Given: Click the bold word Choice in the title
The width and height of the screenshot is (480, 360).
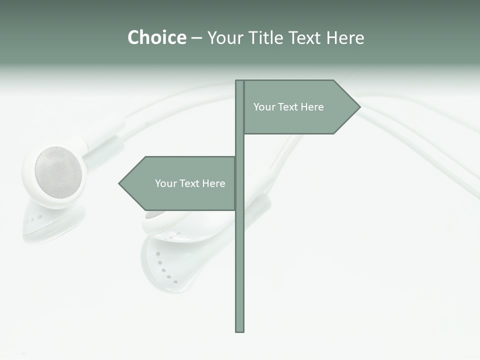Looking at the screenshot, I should pyautogui.click(x=156, y=37).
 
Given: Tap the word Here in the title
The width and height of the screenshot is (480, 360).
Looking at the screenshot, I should pyautogui.click(x=345, y=37).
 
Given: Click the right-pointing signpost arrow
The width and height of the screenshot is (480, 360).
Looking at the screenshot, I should pyautogui.click(x=300, y=107).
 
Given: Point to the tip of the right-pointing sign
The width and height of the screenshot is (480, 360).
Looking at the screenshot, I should pyautogui.click(x=359, y=106).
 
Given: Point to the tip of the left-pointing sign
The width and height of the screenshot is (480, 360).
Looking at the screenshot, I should pyautogui.click(x=119, y=183).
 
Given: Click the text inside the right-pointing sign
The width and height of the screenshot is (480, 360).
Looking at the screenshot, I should pyautogui.click(x=288, y=107).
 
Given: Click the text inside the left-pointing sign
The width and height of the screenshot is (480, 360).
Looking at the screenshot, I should pyautogui.click(x=190, y=183).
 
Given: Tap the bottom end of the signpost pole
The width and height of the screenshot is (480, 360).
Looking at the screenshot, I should pyautogui.click(x=239, y=330).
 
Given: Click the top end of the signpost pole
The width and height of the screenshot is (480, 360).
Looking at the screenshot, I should pyautogui.click(x=239, y=82).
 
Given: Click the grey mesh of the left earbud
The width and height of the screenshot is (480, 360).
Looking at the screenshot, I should pyautogui.click(x=58, y=172).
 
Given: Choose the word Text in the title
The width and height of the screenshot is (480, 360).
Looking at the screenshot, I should pyautogui.click(x=305, y=37).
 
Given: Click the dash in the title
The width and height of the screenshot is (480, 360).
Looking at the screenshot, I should pyautogui.click(x=196, y=38).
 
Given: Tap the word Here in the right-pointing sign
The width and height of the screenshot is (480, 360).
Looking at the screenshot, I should pyautogui.click(x=312, y=107).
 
